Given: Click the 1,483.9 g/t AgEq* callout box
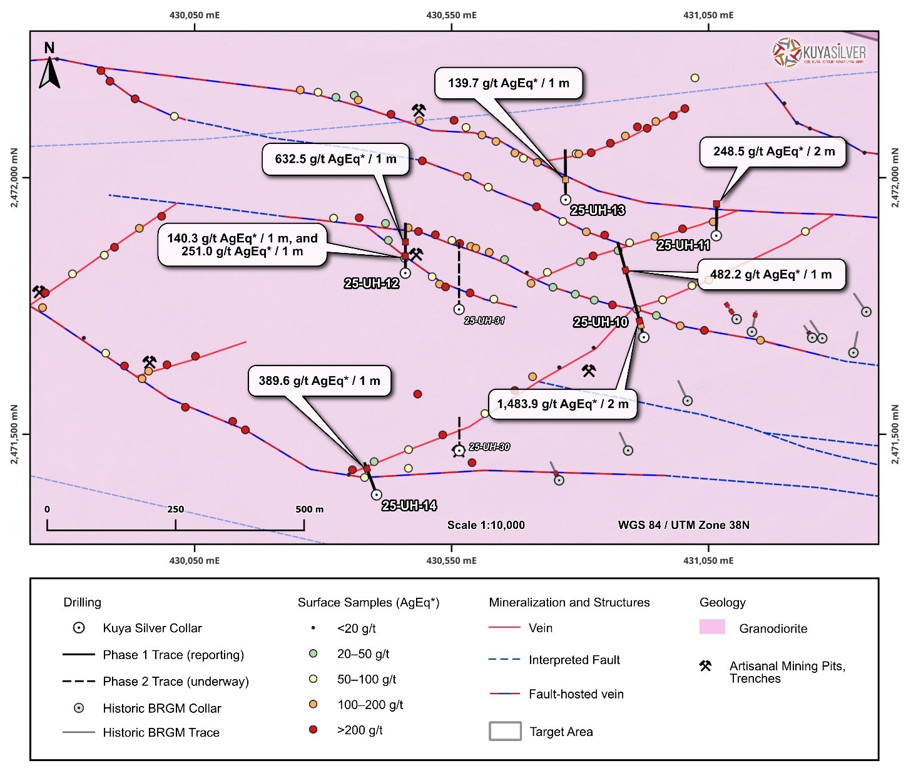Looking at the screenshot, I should click(x=562, y=404).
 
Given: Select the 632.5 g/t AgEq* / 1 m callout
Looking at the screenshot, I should click(x=336, y=159).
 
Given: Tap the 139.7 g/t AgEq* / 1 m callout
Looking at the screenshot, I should click(x=509, y=83).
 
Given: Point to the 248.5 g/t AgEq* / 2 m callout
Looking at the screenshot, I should click(x=774, y=151).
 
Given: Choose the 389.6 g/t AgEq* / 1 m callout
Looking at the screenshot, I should click(x=319, y=381).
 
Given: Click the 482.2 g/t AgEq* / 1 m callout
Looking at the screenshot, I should click(x=771, y=275).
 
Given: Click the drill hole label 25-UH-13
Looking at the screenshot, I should click(x=598, y=210).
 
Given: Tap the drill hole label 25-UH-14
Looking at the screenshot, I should click(x=409, y=506).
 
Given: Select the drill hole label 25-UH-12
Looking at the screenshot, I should click(x=372, y=284).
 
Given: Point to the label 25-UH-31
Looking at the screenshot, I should click(x=484, y=320).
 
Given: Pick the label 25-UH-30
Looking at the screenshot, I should click(x=489, y=447).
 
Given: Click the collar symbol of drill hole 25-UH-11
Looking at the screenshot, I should click(x=716, y=236).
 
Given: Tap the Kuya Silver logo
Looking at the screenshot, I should click(x=819, y=52).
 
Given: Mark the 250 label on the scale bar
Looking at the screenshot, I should click(x=176, y=509).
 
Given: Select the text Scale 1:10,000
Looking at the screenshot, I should click(x=486, y=525).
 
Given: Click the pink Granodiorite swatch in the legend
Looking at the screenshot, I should click(x=712, y=627).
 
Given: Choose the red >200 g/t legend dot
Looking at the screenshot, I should click(x=313, y=730).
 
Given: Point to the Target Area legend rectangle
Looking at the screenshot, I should click(x=505, y=731).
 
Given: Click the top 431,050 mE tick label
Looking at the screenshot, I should click(x=708, y=15).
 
